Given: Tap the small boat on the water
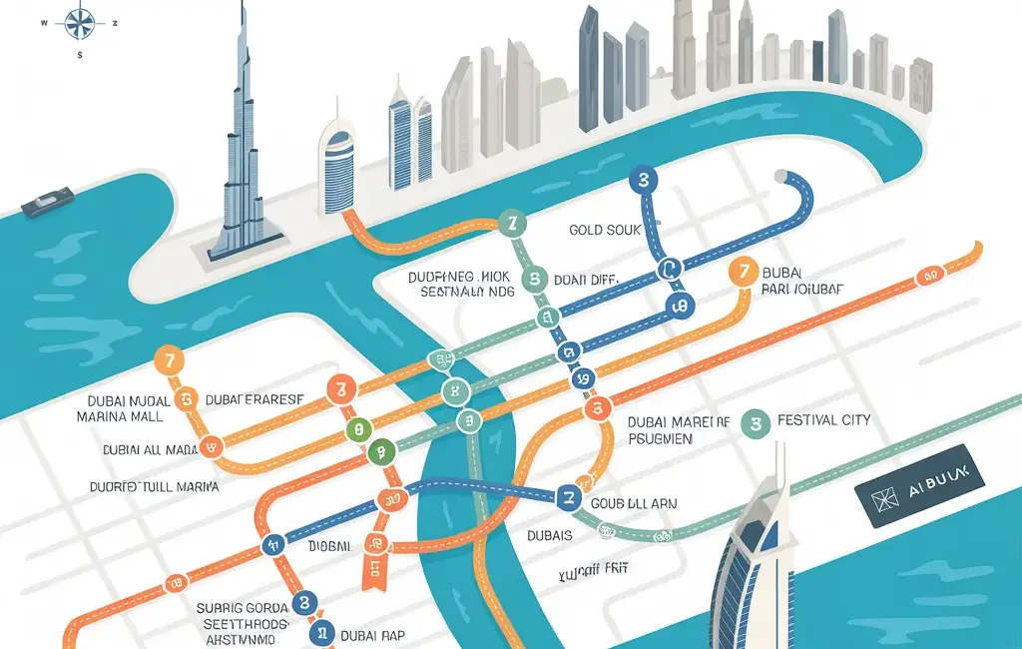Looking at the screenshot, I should point(46,202).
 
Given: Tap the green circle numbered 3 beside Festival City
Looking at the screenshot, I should point(756,423).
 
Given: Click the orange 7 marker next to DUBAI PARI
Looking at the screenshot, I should point(743,271).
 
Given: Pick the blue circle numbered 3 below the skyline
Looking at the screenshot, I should point(644,181).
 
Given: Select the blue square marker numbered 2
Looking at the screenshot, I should point(569,496).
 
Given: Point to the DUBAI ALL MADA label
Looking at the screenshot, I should point(150,450).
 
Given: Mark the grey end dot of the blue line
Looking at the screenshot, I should point(780,177).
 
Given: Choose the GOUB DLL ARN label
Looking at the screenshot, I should point(634,504).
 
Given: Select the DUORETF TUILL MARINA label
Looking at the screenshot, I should point(156,487).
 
